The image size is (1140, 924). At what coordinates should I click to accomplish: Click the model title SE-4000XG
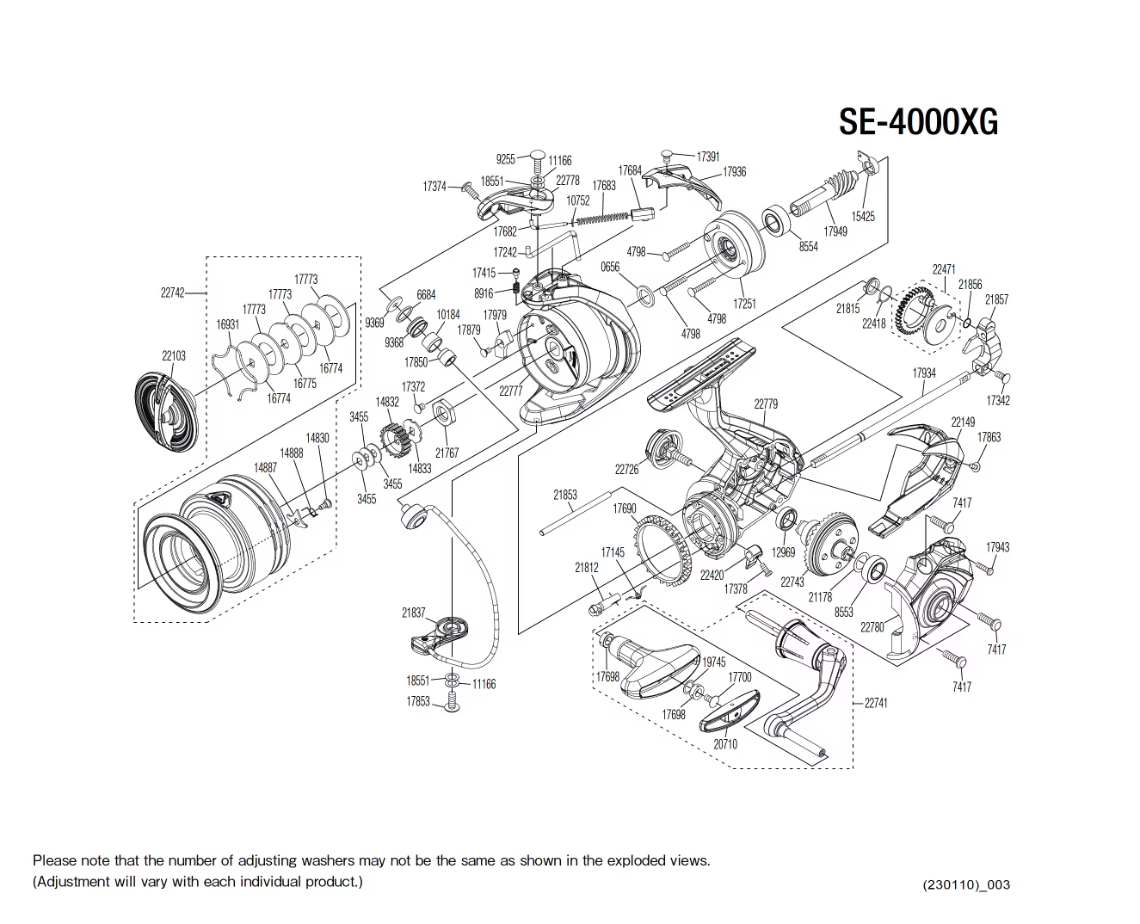(x=918, y=122)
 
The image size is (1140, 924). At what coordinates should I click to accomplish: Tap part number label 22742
(x=173, y=293)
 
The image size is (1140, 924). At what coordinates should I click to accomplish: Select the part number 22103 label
(x=173, y=355)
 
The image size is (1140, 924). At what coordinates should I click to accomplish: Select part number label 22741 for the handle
(x=875, y=703)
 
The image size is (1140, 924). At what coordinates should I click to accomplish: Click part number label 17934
(x=923, y=373)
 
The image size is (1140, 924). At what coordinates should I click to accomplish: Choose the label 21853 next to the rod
(x=565, y=495)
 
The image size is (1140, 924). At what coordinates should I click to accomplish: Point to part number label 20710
(x=724, y=744)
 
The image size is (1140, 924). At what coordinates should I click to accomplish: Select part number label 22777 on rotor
(x=510, y=391)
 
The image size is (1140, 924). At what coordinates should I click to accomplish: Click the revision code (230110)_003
(x=965, y=884)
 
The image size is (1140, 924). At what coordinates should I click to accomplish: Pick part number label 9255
(x=506, y=159)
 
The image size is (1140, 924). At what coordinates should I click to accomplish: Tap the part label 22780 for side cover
(x=872, y=627)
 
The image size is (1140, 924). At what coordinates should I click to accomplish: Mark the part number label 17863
(x=989, y=437)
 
